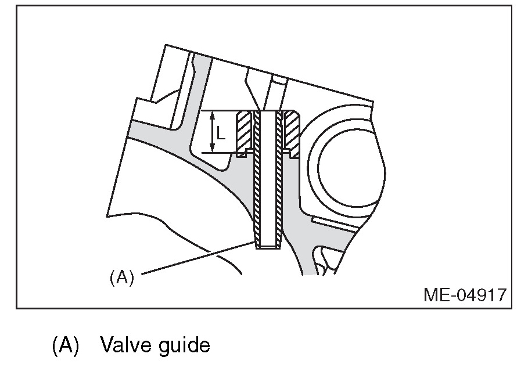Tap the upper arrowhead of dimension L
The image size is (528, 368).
(212, 114)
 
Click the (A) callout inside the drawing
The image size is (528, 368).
(122, 277)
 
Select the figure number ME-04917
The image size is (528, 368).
(464, 295)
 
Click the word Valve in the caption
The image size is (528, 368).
(124, 346)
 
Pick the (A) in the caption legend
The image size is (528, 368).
(66, 346)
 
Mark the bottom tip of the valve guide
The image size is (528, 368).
(268, 247)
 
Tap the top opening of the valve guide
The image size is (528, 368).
(268, 112)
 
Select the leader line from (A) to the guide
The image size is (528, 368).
(197, 258)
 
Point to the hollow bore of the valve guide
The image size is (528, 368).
(268, 180)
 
